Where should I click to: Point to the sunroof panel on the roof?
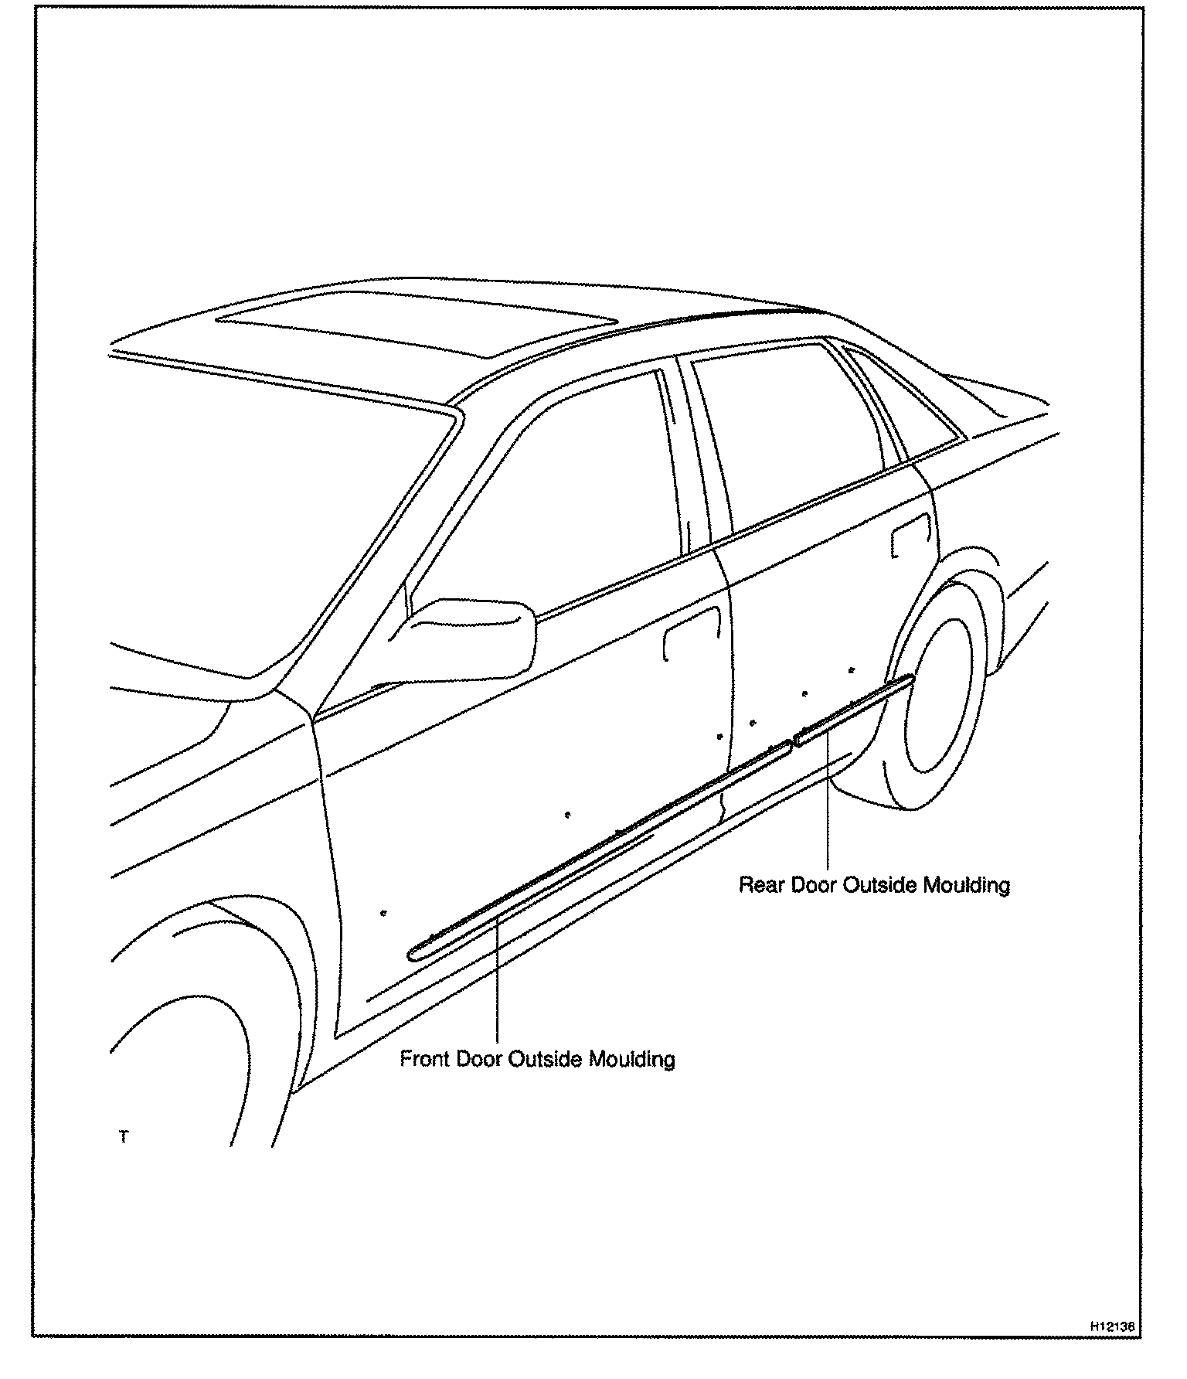coord(417,322)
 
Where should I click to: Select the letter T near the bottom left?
coord(124,1137)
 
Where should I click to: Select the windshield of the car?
coord(255,510)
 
